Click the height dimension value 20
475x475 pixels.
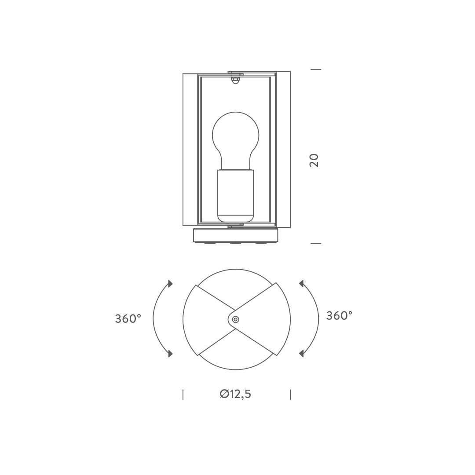coord(314,160)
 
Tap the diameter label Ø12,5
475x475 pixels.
coord(235,394)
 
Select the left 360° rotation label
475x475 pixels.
coord(128,319)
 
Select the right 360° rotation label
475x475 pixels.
coord(339,316)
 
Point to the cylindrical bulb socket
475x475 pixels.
coord(235,195)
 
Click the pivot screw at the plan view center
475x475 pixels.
coord(235,319)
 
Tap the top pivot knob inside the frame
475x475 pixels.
coord(234,80)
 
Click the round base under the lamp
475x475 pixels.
coord(235,235)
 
